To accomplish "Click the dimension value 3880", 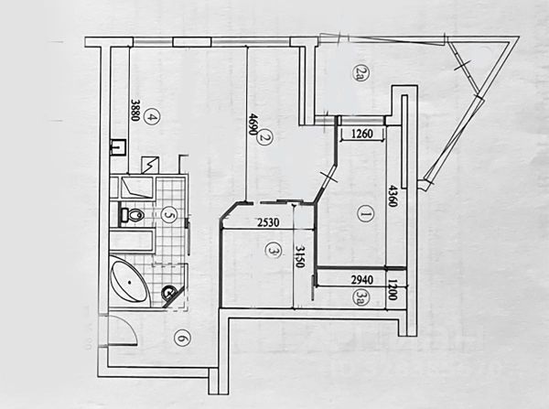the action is click(x=135, y=111).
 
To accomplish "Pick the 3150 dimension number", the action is click(x=299, y=257).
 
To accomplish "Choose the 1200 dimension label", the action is click(x=392, y=289).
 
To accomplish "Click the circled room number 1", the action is click(x=363, y=216).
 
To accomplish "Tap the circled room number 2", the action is click(x=263, y=138).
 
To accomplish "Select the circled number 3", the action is click(x=272, y=249).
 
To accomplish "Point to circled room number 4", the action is click(x=153, y=116).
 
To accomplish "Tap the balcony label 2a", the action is click(x=360, y=73).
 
